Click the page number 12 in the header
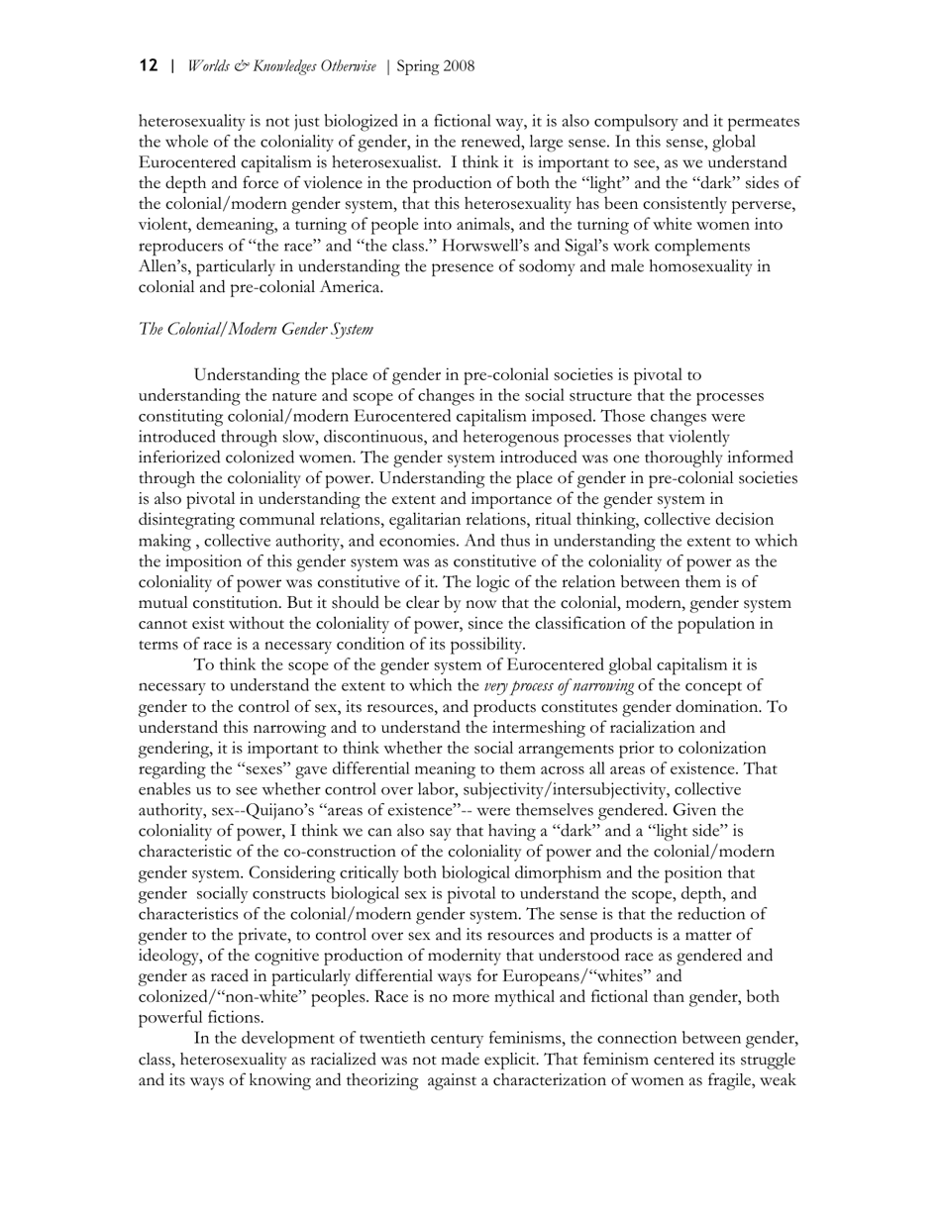click(149, 66)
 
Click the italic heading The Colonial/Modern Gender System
click(256, 329)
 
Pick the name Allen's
click(165, 265)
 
